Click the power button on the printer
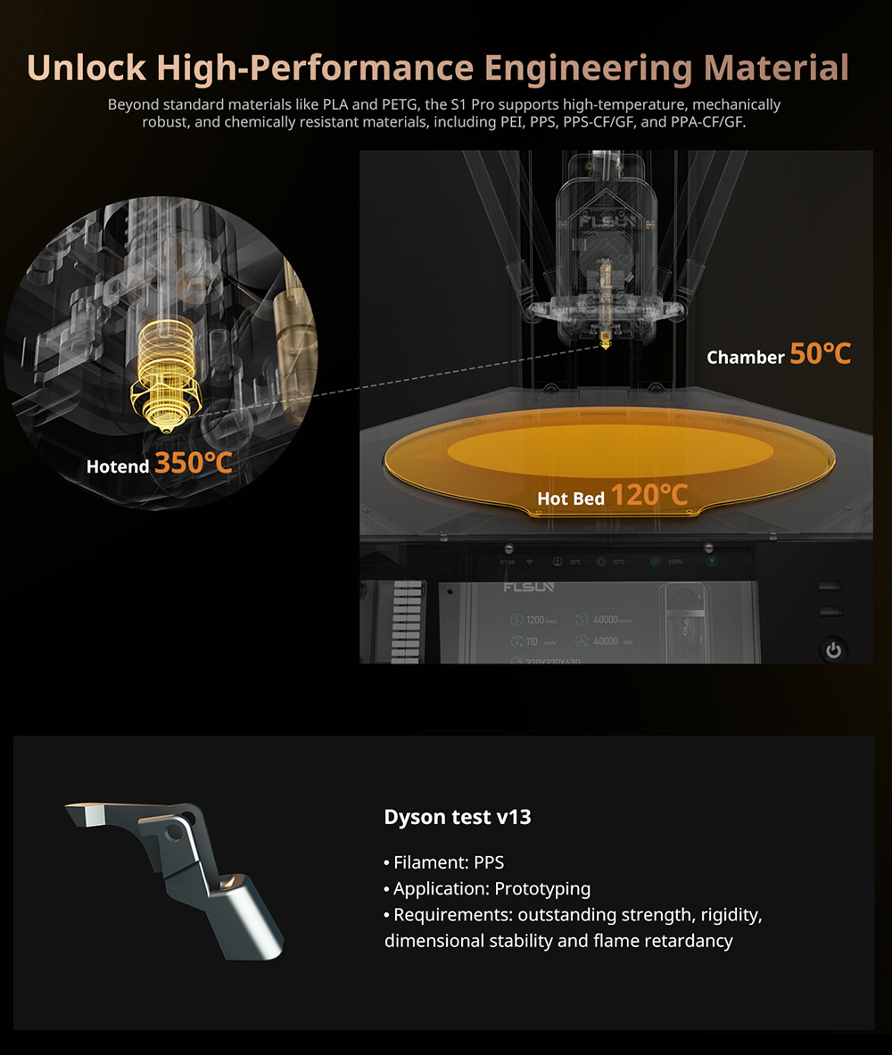coord(833,649)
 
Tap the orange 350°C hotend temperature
coord(194,462)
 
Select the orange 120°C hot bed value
coord(649,495)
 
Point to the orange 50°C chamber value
coord(820,354)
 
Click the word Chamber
coord(745,358)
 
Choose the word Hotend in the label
coord(118,466)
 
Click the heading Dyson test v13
coord(457,816)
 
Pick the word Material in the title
coord(775,68)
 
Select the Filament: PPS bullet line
coord(443,862)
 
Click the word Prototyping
coord(542,888)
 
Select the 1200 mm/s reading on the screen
coord(535,620)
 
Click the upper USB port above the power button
coord(830,587)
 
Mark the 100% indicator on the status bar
coord(673,562)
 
